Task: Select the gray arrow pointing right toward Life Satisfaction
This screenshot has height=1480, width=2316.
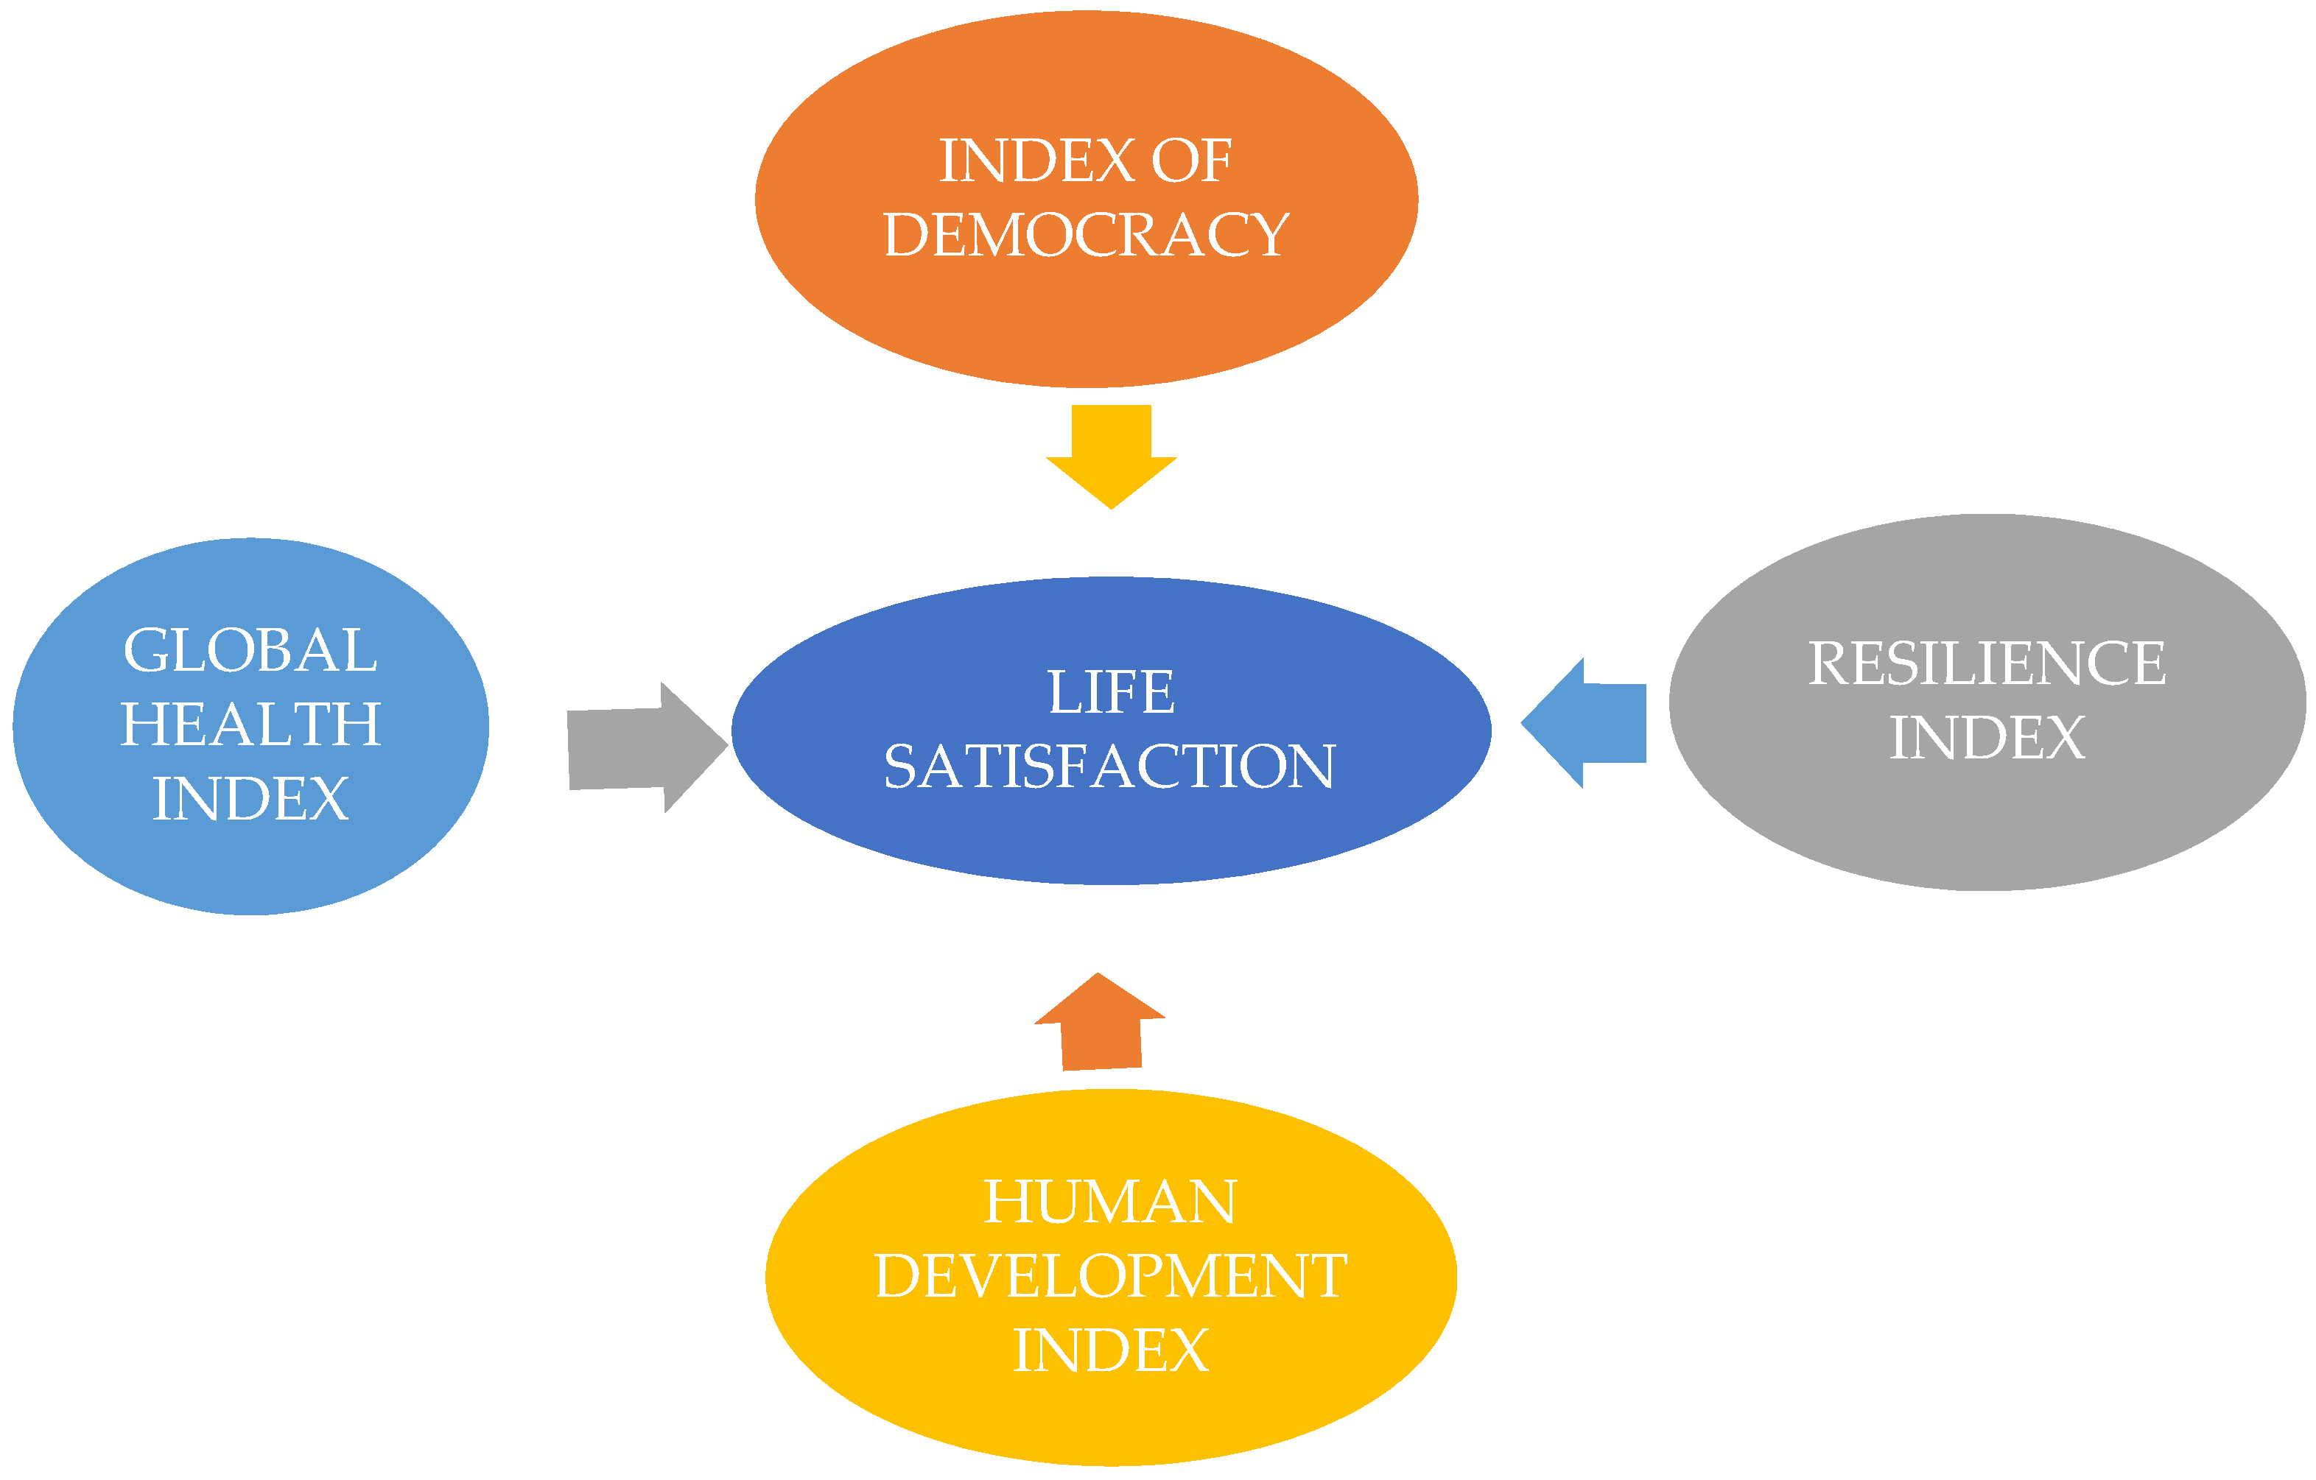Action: pos(639,748)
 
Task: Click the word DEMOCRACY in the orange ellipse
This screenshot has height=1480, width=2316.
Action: pos(1086,235)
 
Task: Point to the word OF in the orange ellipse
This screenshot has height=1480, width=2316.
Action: pos(1190,161)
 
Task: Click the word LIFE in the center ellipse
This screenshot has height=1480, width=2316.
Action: pos(1111,692)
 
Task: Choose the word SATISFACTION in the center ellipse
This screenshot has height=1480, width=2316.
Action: pos(1110,767)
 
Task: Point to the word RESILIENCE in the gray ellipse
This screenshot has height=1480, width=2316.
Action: pos(1987,663)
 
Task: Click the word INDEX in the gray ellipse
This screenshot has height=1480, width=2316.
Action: pos(1987,738)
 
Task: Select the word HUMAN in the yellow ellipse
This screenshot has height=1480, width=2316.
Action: pos(1110,1202)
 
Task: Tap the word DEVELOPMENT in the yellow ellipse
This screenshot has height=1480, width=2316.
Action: pos(1110,1276)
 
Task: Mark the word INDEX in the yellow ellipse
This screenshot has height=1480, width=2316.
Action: pos(1110,1350)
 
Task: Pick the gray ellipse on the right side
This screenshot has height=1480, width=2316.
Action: pos(1987,827)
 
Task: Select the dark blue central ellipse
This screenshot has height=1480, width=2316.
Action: pos(1111,836)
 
